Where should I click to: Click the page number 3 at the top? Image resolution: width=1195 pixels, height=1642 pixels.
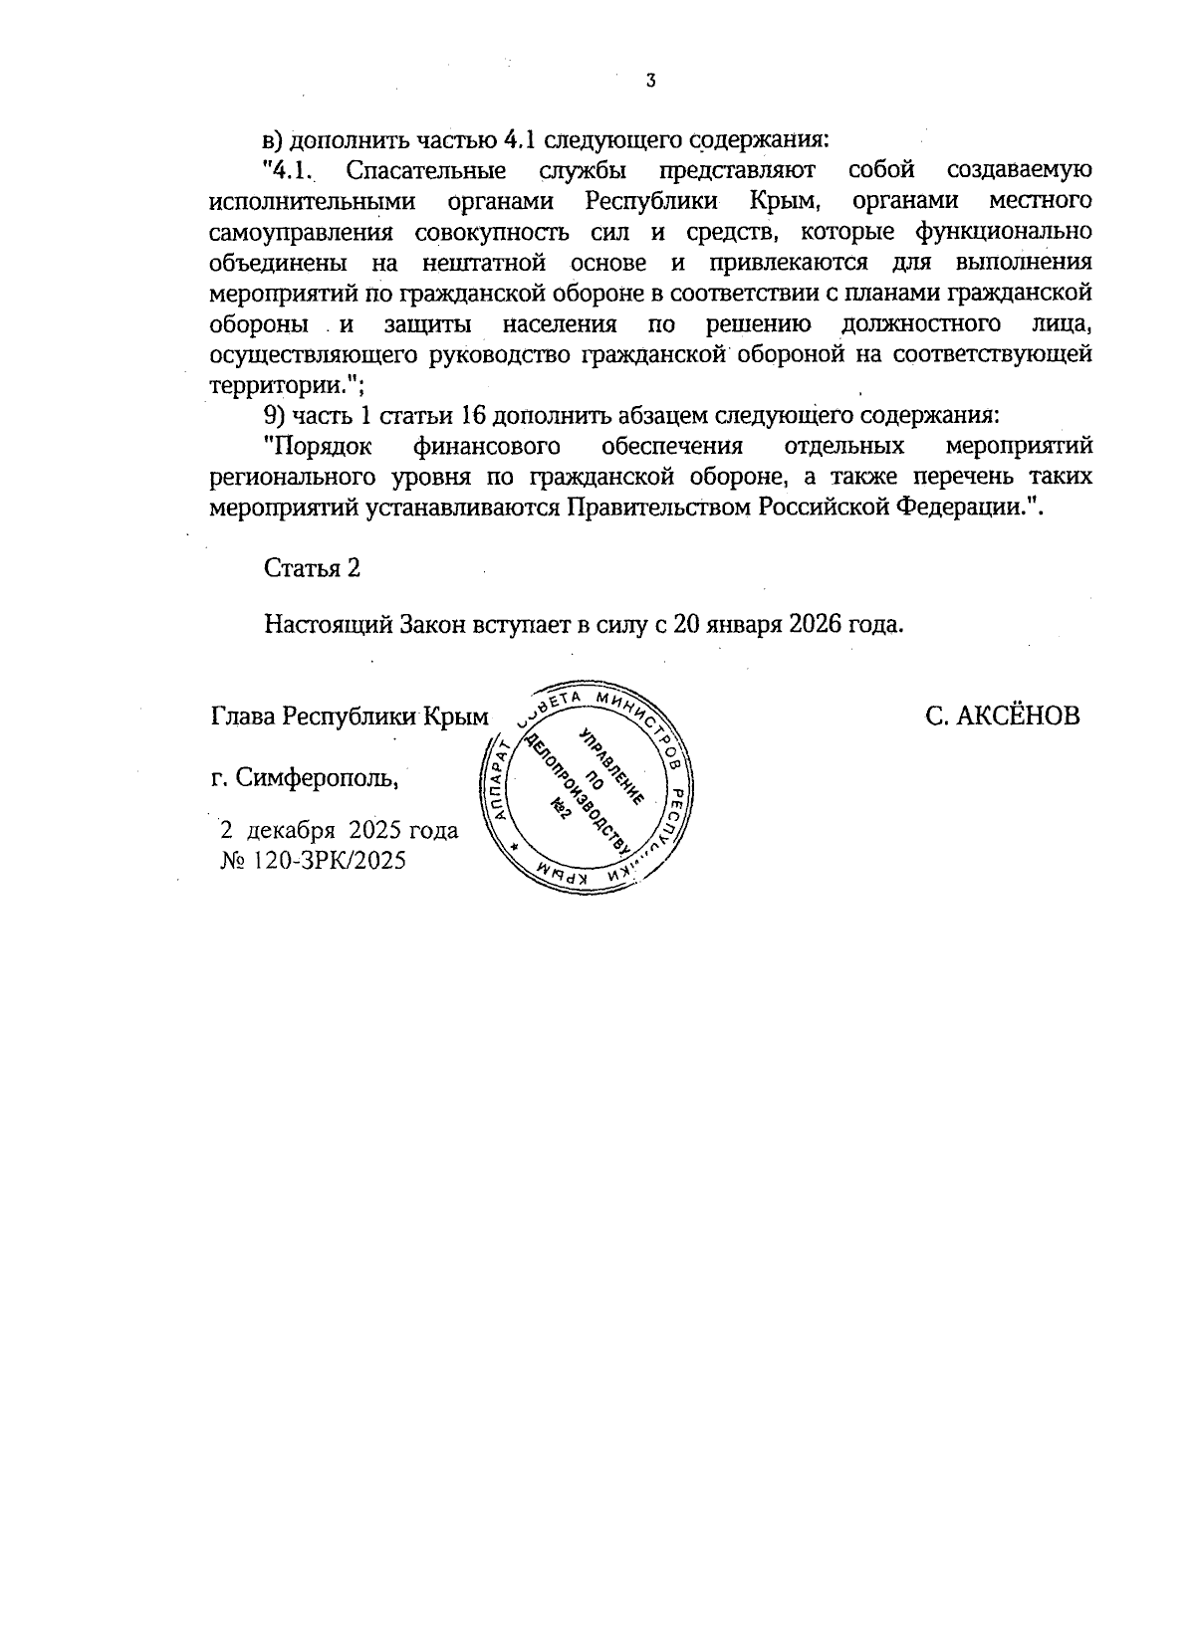point(650,81)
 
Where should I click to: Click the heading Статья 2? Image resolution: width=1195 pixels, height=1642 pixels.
point(312,568)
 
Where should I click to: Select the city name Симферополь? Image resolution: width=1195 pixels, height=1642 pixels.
point(319,777)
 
